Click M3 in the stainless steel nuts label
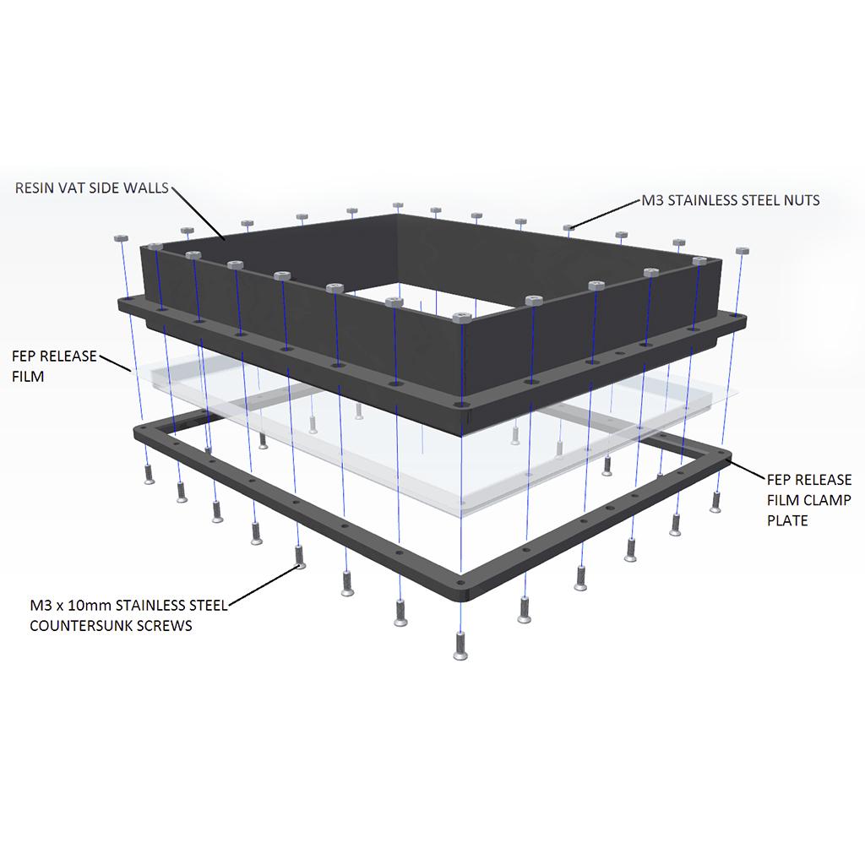pos(652,201)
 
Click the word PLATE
pos(787,520)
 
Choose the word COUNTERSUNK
pos(82,626)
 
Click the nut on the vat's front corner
pos(461,318)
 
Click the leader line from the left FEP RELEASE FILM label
pos(115,364)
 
